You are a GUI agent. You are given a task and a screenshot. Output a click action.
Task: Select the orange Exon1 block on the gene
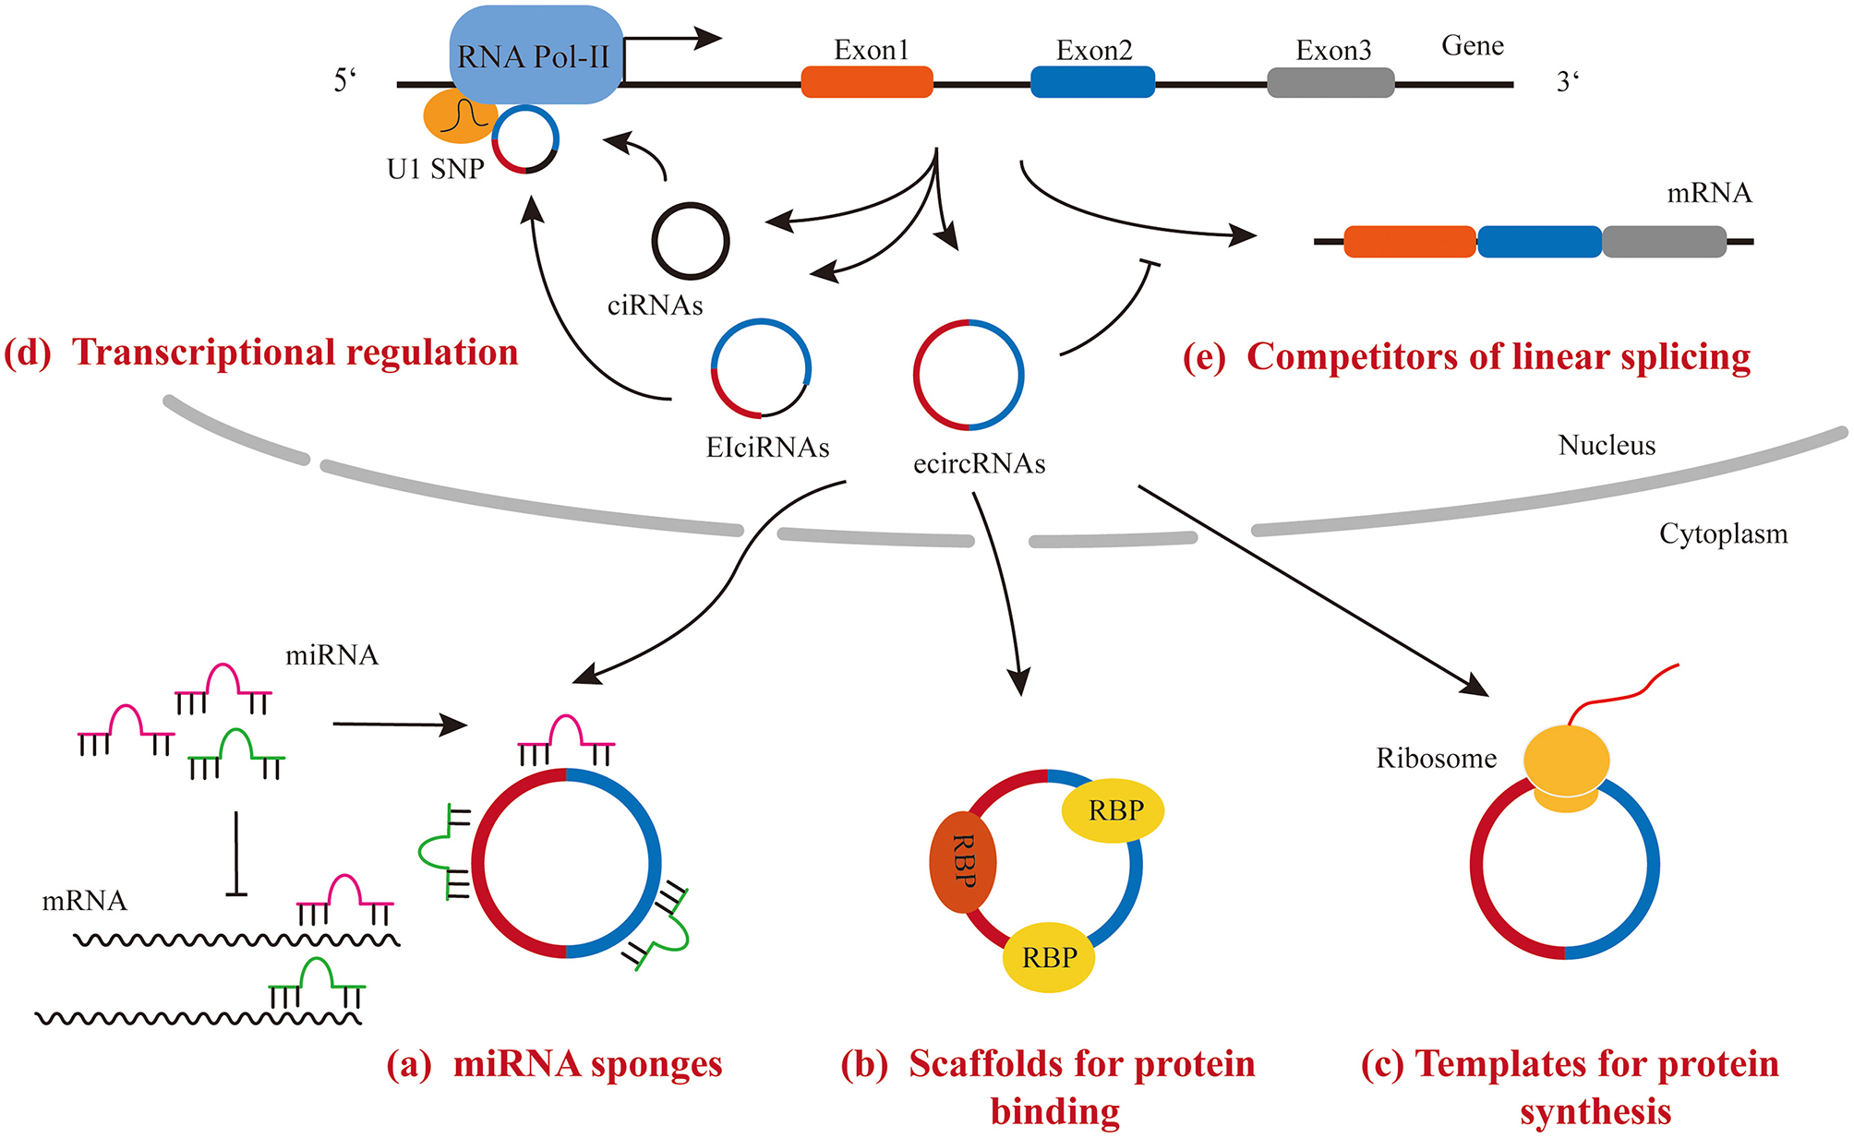[x=866, y=82]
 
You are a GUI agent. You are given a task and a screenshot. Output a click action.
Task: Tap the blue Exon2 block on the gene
[x=1092, y=82]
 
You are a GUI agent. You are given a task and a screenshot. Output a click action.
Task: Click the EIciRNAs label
[x=767, y=448]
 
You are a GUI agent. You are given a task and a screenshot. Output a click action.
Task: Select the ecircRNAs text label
[x=979, y=463]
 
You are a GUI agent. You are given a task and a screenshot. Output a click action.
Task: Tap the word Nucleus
[x=1607, y=446]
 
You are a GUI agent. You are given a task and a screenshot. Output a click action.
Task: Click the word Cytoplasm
[x=1723, y=534]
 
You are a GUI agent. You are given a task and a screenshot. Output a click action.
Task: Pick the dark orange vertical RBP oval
[x=962, y=862]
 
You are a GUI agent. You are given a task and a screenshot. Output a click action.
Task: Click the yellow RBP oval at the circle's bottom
[x=1049, y=958]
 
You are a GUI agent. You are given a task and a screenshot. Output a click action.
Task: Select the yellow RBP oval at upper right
[x=1114, y=810]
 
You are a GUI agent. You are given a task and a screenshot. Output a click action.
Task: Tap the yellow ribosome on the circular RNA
[x=1566, y=766]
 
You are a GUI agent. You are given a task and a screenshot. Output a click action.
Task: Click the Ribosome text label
[x=1436, y=759]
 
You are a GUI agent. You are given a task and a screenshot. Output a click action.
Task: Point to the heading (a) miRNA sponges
[x=554, y=1064]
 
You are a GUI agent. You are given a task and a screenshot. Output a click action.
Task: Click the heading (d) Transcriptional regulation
[x=261, y=353]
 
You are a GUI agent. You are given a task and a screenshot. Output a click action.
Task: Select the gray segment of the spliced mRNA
[x=1664, y=242]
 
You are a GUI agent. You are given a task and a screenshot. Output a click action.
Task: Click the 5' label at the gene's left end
[x=344, y=81]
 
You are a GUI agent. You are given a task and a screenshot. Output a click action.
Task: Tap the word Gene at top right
[x=1472, y=46]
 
